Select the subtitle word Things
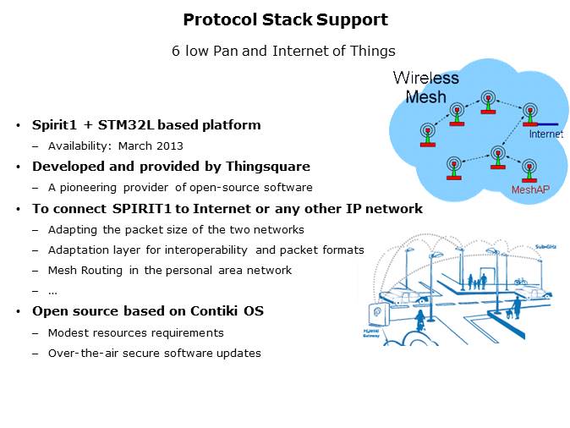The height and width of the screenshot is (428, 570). point(374,51)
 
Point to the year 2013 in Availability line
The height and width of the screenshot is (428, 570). point(169,145)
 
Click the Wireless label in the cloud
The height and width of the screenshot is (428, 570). point(425,79)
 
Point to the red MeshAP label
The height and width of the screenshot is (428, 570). point(529,189)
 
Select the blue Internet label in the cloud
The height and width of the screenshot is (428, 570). point(545,134)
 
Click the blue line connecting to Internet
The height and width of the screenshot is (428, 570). point(551,123)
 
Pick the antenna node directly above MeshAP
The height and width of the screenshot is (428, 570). point(529,167)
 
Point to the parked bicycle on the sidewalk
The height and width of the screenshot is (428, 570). point(519,280)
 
